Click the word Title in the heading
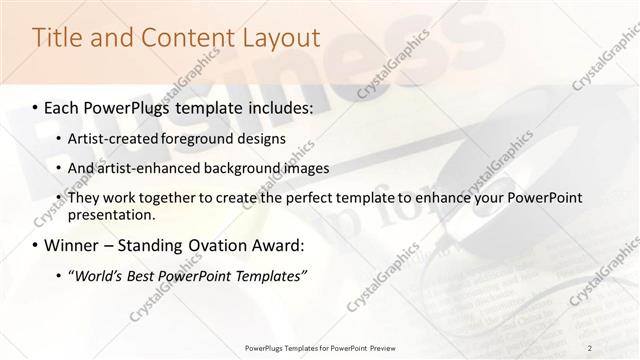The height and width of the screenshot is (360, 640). (x=57, y=38)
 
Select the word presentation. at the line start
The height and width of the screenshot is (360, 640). (x=112, y=214)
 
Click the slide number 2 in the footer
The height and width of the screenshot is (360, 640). (x=590, y=347)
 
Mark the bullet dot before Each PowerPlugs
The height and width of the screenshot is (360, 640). (x=36, y=106)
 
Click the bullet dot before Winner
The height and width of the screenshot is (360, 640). (x=36, y=245)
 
